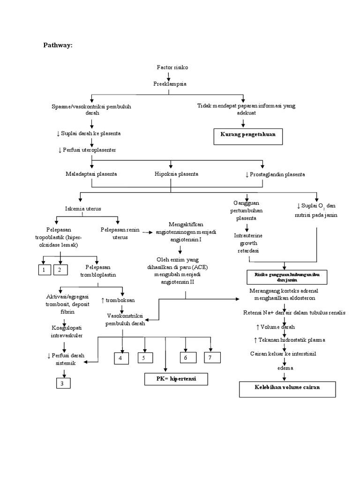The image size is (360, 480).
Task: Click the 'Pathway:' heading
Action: click(x=58, y=45)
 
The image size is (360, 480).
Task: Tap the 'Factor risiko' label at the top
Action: click(x=172, y=67)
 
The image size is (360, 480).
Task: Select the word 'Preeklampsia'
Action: click(x=170, y=84)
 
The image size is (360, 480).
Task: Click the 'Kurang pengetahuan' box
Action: click(x=248, y=134)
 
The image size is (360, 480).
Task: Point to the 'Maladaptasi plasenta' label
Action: click(x=91, y=174)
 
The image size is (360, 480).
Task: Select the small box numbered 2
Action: click(x=60, y=270)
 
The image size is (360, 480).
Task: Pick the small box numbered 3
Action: click(x=61, y=383)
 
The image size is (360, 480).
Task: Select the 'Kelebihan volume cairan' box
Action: click(x=287, y=389)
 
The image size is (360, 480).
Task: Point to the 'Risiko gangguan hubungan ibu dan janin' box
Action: click(x=286, y=277)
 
